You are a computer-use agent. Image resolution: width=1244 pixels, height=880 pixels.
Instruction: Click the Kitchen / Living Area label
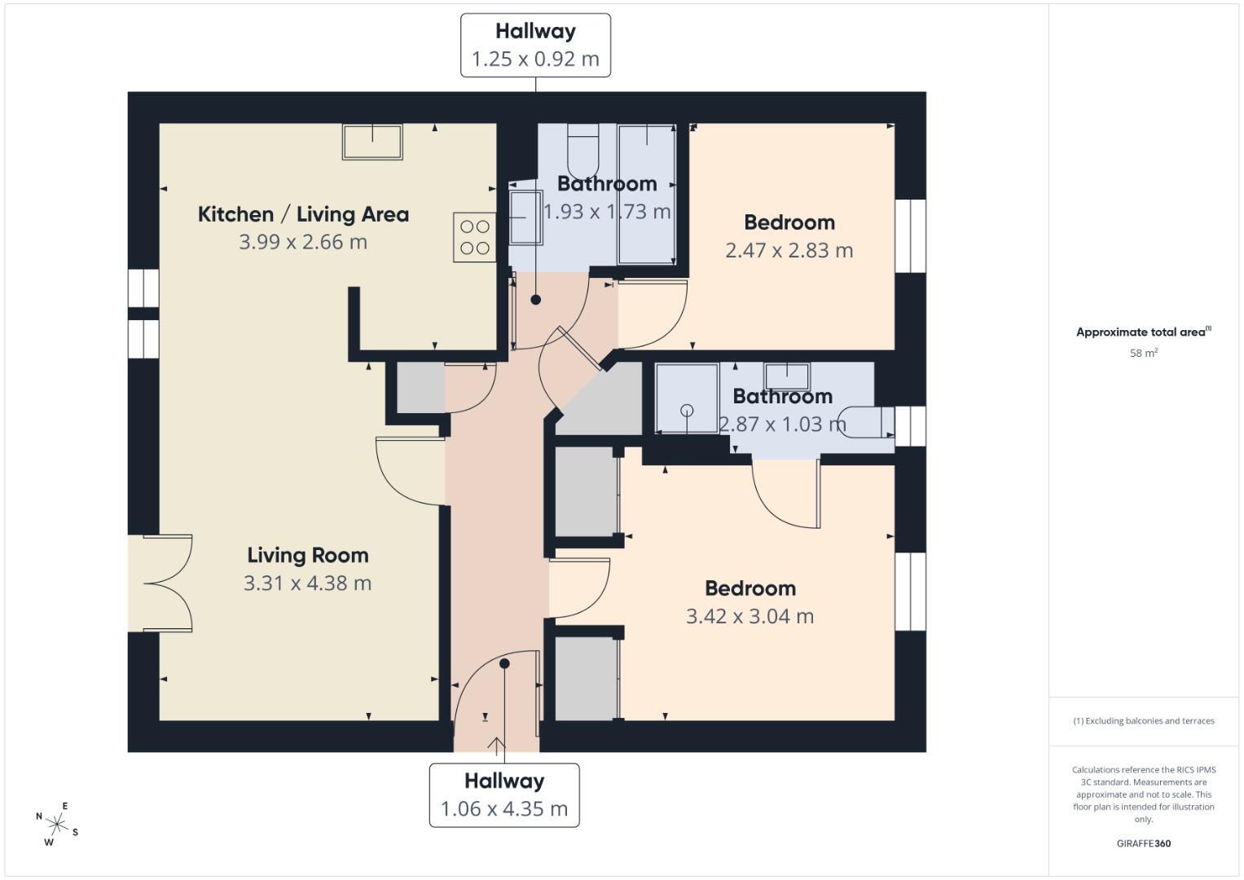click(x=303, y=214)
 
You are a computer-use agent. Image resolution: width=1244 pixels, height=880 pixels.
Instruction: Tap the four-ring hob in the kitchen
click(x=474, y=237)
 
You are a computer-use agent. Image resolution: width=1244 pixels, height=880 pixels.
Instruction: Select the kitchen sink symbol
click(x=372, y=143)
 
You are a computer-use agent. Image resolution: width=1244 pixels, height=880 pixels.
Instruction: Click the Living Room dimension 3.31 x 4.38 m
click(x=307, y=583)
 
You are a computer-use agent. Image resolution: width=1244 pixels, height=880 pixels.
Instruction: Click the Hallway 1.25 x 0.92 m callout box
click(x=535, y=46)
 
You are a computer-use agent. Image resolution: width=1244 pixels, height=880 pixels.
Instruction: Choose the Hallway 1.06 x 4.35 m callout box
click(x=504, y=795)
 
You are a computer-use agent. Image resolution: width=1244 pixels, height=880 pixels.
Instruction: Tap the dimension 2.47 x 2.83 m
click(x=789, y=251)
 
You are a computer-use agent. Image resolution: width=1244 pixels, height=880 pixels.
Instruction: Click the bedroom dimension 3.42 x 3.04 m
click(x=749, y=616)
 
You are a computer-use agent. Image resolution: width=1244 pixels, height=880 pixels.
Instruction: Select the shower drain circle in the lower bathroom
click(x=687, y=411)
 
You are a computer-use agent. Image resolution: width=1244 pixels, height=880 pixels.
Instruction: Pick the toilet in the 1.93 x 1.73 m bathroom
click(x=582, y=150)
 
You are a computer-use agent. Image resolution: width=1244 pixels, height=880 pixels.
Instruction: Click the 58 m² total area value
click(x=1144, y=353)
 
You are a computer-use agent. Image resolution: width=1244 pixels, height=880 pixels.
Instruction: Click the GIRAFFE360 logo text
click(x=1144, y=843)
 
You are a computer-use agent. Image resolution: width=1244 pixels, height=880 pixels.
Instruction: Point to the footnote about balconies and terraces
click(x=1144, y=720)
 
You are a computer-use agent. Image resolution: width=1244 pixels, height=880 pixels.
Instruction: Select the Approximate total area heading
click(x=1144, y=332)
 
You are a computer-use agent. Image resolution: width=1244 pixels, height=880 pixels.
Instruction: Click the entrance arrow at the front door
click(x=496, y=745)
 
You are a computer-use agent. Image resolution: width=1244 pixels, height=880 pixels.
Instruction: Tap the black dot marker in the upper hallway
click(x=535, y=300)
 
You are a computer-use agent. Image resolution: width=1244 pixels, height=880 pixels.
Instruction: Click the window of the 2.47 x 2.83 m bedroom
click(x=911, y=236)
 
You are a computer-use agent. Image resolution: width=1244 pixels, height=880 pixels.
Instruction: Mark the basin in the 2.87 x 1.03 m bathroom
click(x=787, y=376)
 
